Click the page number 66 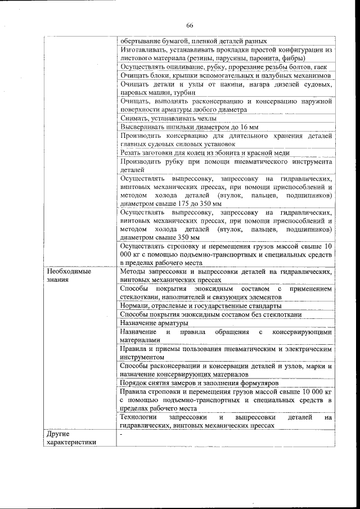[x=190, y=25]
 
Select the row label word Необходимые [x=69, y=271]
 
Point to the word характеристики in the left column [x=71, y=442]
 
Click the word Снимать [x=134, y=118]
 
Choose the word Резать [x=131, y=152]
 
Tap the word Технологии [x=139, y=418]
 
